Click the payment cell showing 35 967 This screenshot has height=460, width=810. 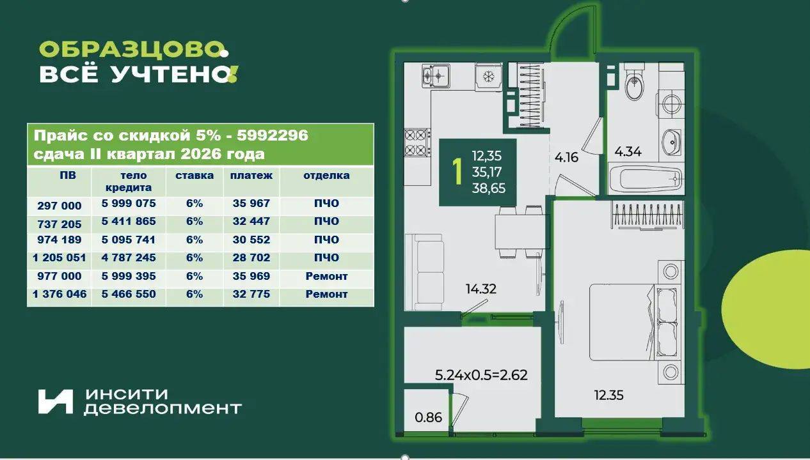251,203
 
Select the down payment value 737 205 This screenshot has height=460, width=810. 60,224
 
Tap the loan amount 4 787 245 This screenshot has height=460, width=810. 129,257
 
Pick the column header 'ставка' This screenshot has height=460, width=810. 195,176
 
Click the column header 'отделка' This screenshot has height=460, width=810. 326,176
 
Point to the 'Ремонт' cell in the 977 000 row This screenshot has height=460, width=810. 326,276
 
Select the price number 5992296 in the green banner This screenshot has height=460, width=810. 273,135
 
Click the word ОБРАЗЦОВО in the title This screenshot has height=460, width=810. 129,49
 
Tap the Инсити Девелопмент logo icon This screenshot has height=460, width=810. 55,401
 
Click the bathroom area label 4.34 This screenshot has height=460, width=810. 628,151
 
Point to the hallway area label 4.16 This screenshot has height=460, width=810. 566,157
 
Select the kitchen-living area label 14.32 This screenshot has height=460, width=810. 481,289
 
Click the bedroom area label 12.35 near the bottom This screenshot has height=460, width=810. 609,395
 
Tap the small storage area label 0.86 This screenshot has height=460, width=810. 429,417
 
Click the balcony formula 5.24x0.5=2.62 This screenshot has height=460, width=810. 481,375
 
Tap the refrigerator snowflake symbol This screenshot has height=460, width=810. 489,77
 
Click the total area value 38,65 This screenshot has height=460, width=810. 489,188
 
